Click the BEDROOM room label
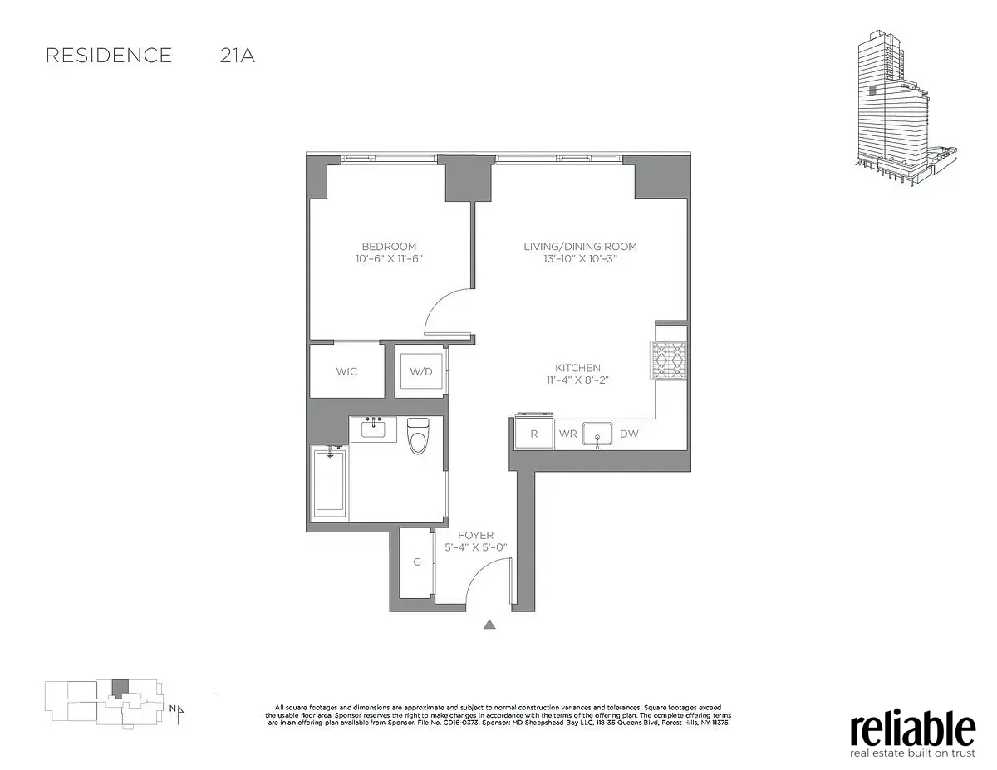389,246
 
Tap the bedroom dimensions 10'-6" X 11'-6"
389,259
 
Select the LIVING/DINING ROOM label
580,246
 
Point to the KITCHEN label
578,368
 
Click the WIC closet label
347,371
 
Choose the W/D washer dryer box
421,371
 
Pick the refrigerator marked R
534,434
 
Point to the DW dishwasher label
629,434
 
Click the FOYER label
475,536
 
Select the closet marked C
417,562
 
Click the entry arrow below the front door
490,625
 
